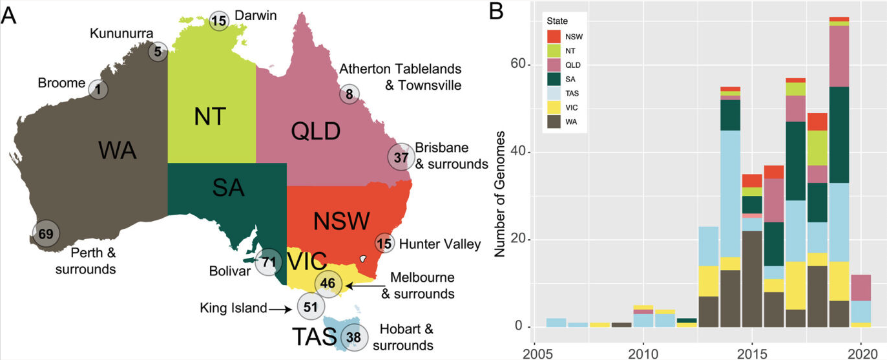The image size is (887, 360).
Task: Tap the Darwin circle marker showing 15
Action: pyautogui.click(x=220, y=21)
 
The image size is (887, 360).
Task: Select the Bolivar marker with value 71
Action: pyautogui.click(x=269, y=262)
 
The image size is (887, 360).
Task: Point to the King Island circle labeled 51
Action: pyautogui.click(x=310, y=306)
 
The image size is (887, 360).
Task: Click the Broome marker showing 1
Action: pyautogui.click(x=98, y=89)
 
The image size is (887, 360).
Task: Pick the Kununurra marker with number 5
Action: pyautogui.click(x=158, y=50)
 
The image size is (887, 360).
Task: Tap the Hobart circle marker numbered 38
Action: pyautogui.click(x=353, y=337)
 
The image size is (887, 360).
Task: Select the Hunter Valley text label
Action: pyautogui.click(x=440, y=244)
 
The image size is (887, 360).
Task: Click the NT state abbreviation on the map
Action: pyautogui.click(x=211, y=117)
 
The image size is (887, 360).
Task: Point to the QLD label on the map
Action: pyautogui.click(x=315, y=131)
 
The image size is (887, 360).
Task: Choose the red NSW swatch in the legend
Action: pyautogui.click(x=554, y=37)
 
